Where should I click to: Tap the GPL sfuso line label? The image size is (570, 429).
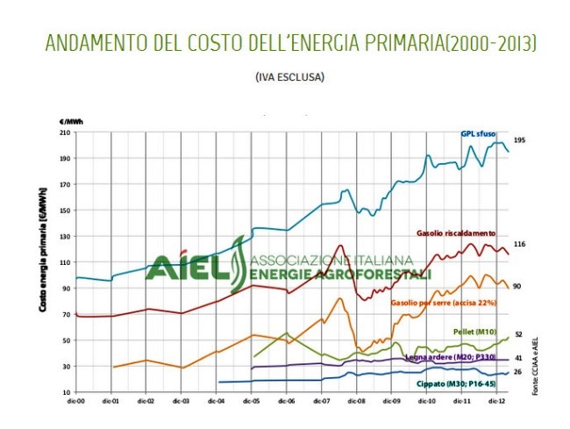click(x=479, y=134)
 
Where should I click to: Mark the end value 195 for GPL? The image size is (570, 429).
click(x=518, y=140)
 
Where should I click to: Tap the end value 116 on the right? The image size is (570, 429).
click(x=518, y=244)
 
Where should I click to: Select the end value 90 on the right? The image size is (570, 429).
click(x=517, y=286)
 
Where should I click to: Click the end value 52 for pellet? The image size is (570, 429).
click(x=517, y=334)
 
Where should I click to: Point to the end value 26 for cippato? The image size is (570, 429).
click(x=517, y=372)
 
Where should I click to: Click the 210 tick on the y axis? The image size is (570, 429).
click(x=64, y=132)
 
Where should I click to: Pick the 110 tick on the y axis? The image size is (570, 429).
click(x=64, y=262)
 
